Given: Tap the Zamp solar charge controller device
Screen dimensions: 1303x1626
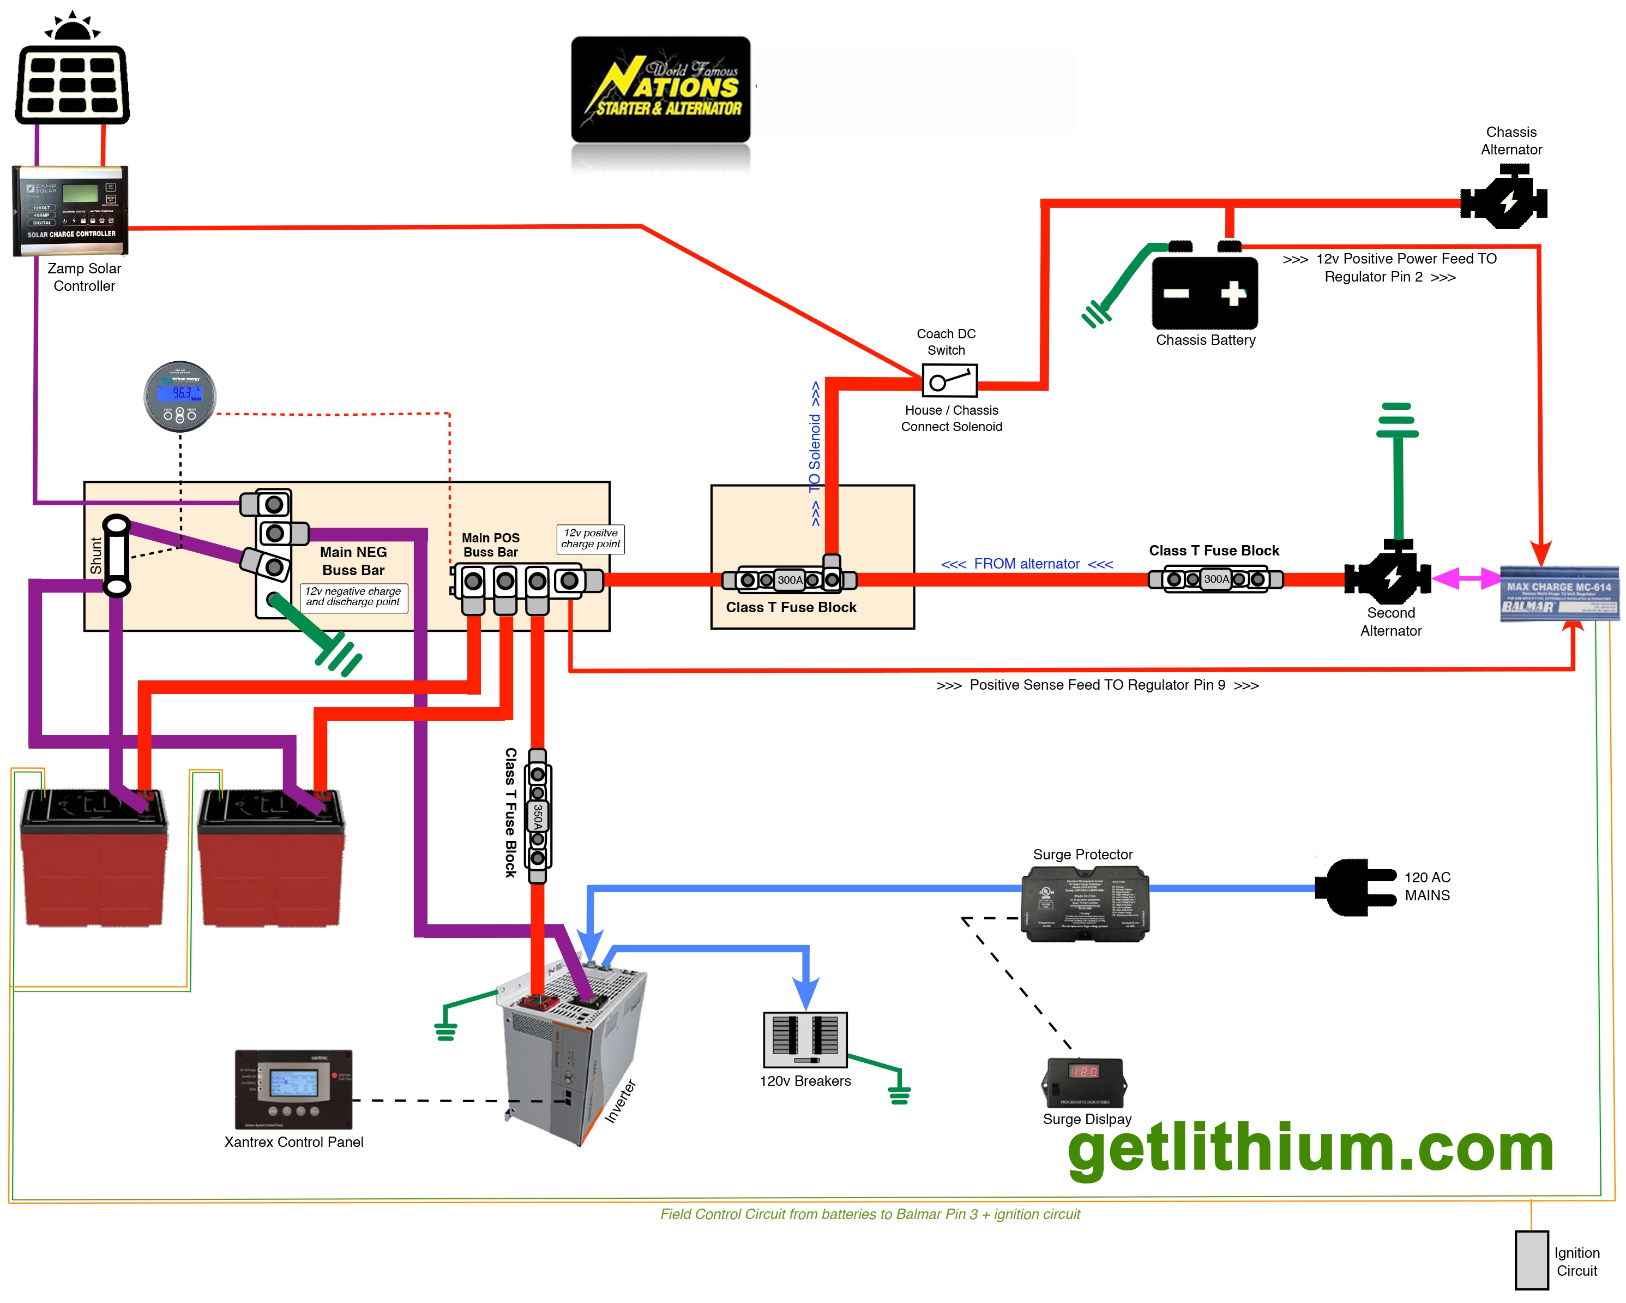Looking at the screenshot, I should (70, 211).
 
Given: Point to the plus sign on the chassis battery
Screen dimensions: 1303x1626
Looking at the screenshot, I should (1233, 293).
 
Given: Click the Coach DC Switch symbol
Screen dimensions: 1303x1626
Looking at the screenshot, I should (949, 381).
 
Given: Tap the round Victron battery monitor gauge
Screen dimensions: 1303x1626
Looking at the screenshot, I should (180, 396).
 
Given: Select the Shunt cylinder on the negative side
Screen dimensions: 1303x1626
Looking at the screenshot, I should (116, 556).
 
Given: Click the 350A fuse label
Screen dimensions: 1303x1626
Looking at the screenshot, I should (538, 816).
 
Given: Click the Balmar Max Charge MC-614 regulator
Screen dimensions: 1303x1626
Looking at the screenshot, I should (1559, 594).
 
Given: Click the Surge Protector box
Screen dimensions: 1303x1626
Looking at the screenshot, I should (1085, 904).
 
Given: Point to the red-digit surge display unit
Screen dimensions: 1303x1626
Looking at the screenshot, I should (1084, 1082).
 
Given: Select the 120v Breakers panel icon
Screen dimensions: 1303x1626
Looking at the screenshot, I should (805, 1039).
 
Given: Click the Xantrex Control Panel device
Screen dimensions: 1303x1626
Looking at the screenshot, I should (293, 1088).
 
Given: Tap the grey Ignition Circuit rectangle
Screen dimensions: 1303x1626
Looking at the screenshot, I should (1531, 1260).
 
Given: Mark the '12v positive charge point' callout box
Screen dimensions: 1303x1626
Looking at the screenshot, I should (591, 539).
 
